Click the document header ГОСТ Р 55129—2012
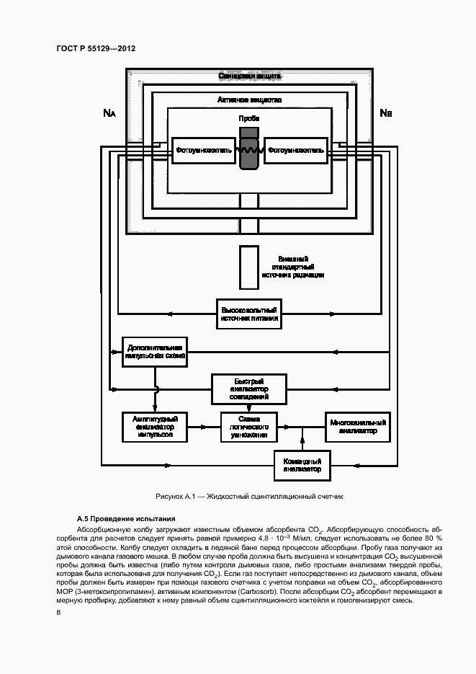(96, 48)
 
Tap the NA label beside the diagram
(109, 112)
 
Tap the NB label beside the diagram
(385, 112)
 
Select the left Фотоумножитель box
(204, 151)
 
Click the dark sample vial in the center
(249, 149)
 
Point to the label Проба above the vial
(249, 117)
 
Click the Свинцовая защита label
(249, 76)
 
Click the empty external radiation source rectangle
(249, 266)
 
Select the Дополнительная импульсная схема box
(155, 351)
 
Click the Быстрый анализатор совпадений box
(248, 389)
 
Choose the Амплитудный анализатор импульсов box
(155, 426)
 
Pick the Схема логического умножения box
(249, 426)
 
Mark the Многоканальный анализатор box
(358, 426)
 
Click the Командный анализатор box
(302, 464)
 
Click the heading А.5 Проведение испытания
(125, 519)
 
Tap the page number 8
(58, 612)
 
